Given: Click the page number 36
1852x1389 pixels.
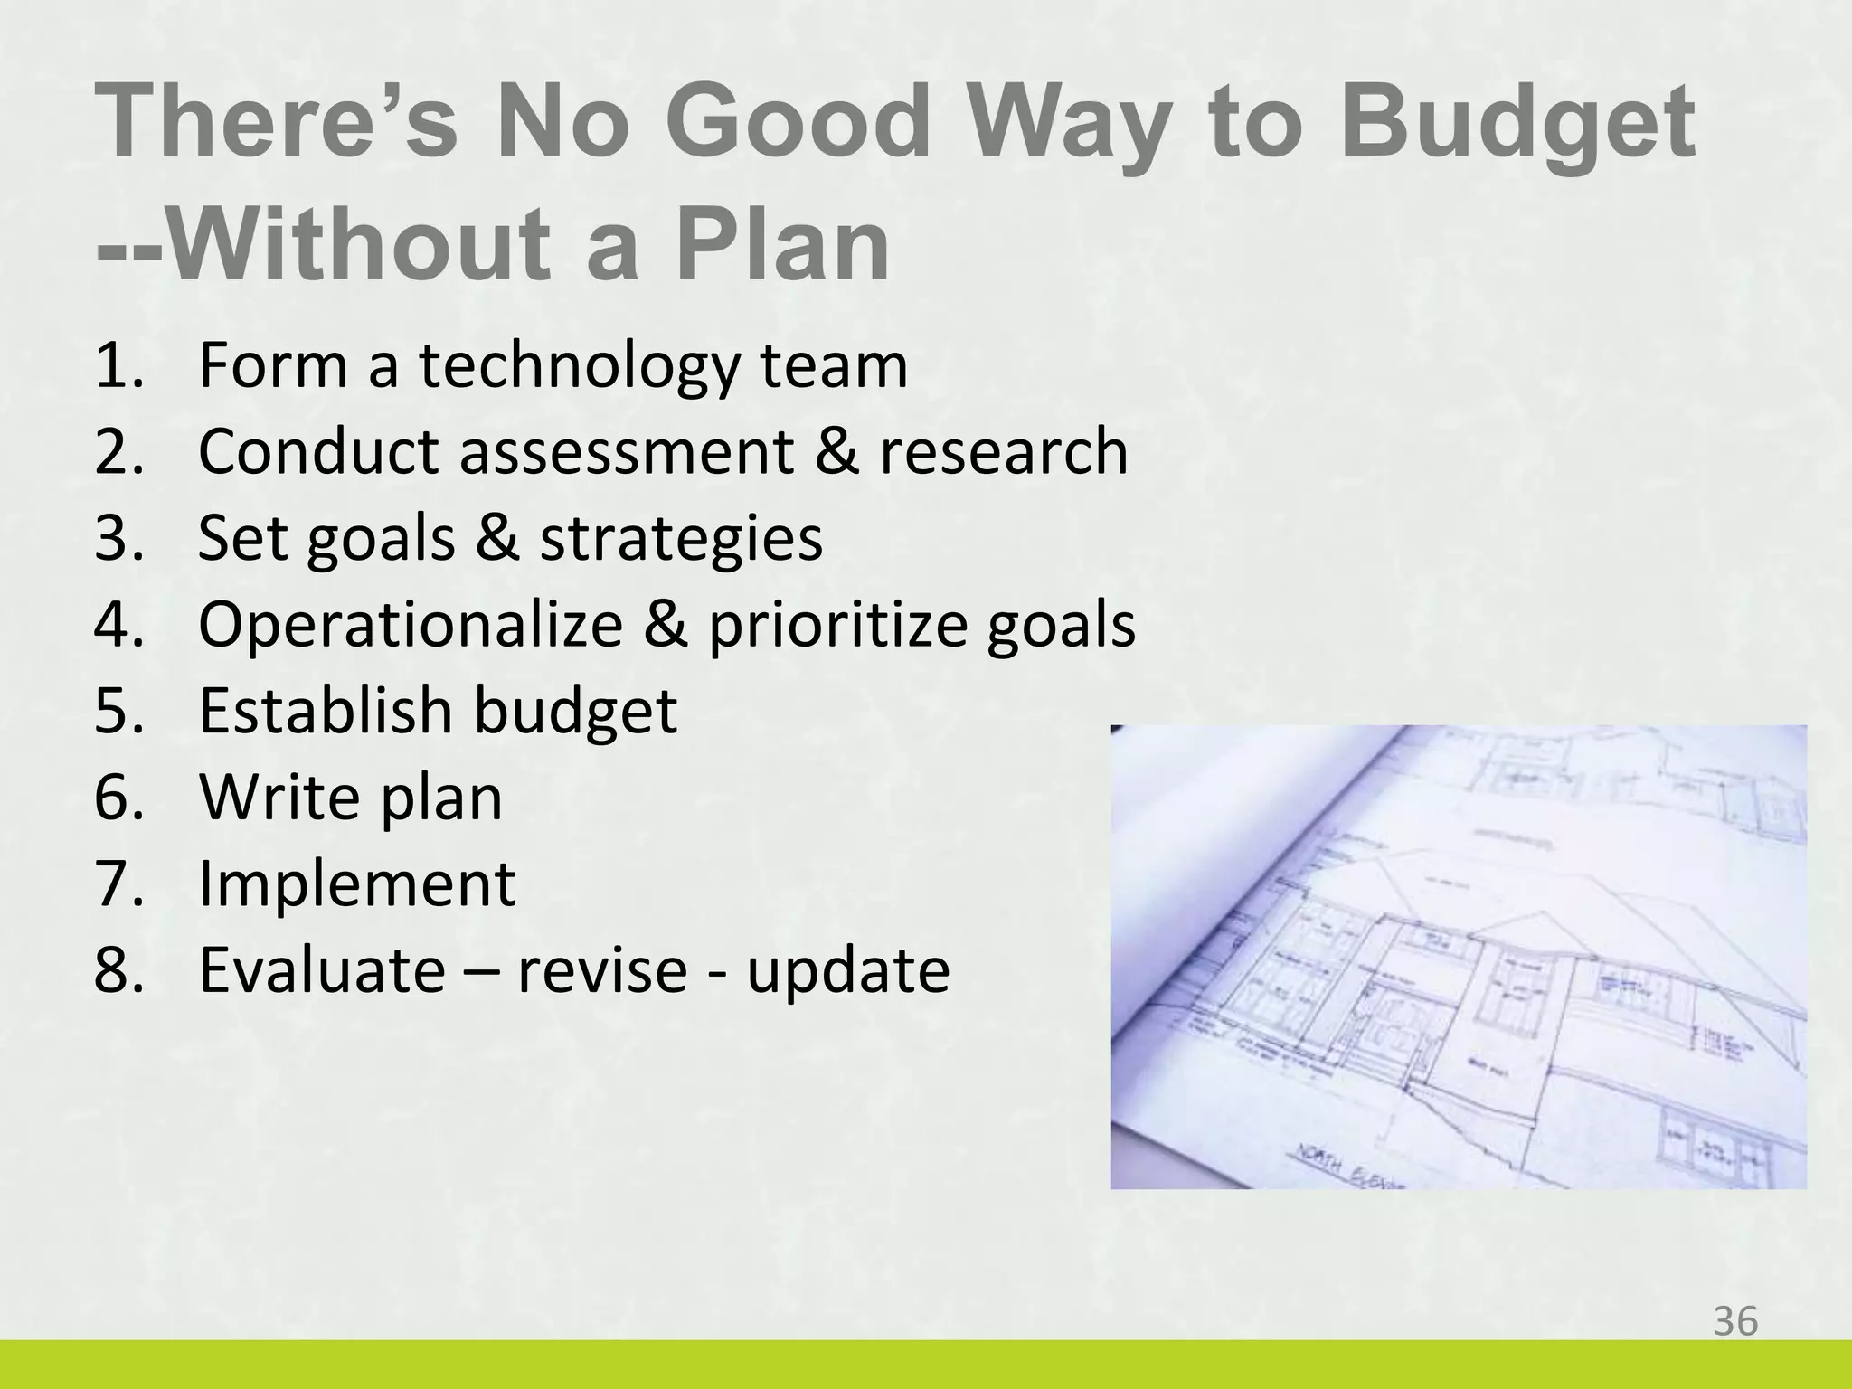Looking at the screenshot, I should coord(1735,1321).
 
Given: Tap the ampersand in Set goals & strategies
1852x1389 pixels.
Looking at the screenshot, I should coord(497,537).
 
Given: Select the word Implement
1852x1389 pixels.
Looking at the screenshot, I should coord(356,883).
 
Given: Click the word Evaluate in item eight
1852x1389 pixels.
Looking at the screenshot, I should coord(322,969).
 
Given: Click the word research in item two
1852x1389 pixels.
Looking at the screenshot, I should coord(1004,451).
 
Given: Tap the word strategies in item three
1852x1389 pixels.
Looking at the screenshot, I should coord(681,539).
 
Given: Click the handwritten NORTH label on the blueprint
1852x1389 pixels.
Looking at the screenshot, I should coord(1321,1160).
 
